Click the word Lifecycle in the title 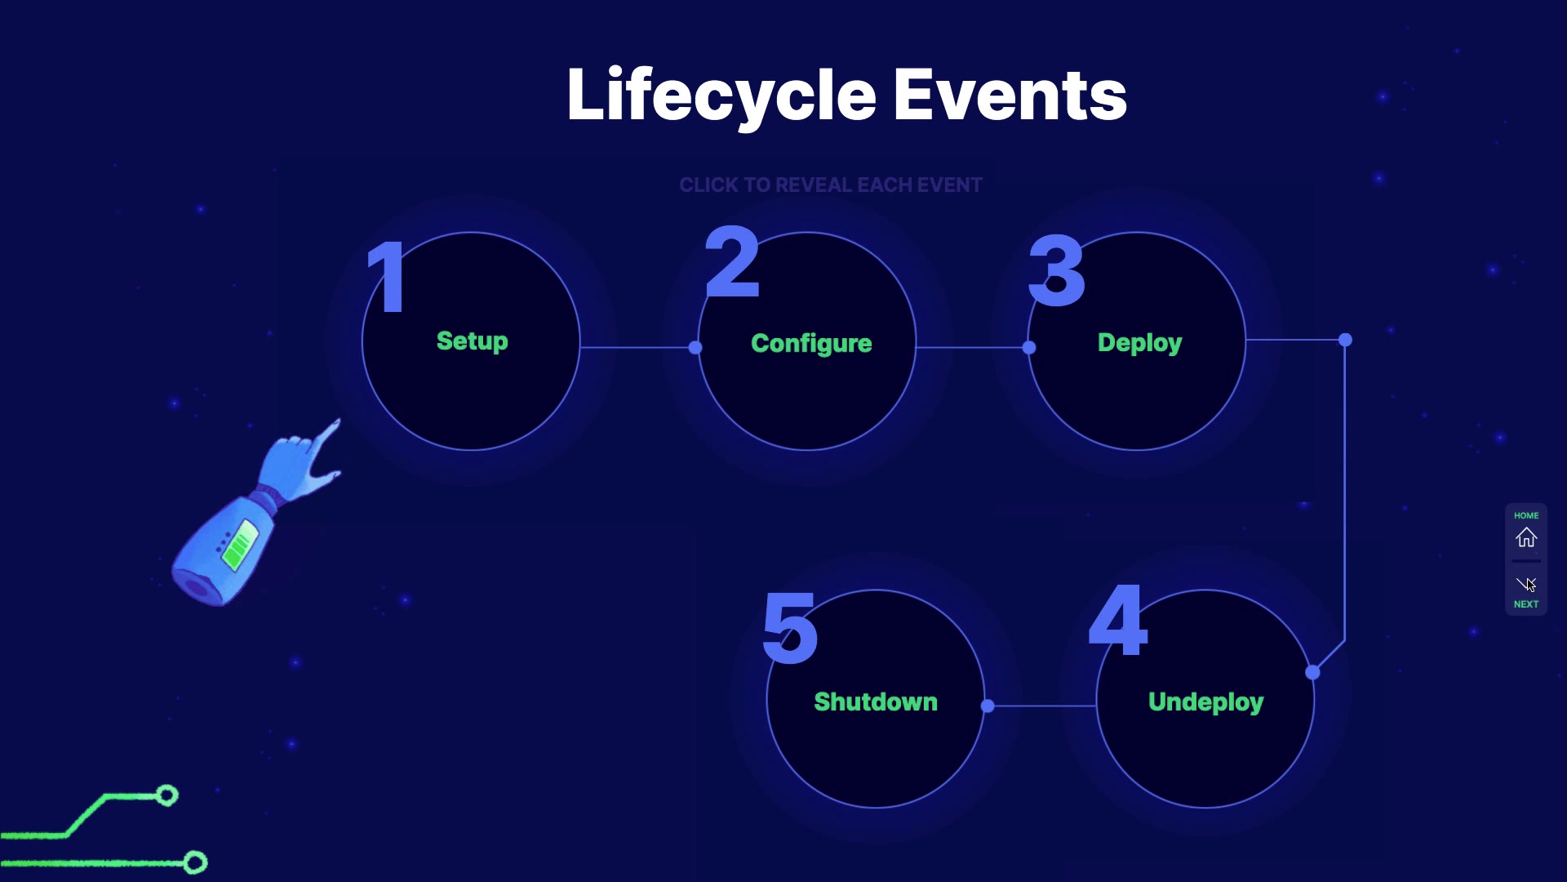(721, 96)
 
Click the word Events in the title (1010, 95)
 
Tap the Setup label (473, 341)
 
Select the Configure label (811, 344)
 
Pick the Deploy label (1140, 343)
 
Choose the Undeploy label (1206, 702)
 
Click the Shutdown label (876, 702)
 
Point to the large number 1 (387, 276)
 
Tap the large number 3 (1057, 269)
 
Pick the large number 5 (790, 627)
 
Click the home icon (1526, 537)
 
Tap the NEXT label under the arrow (1526, 604)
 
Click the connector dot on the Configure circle (695, 348)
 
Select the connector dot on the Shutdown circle (988, 706)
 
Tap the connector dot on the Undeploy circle (1312, 673)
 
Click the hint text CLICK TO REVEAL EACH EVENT (831, 185)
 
